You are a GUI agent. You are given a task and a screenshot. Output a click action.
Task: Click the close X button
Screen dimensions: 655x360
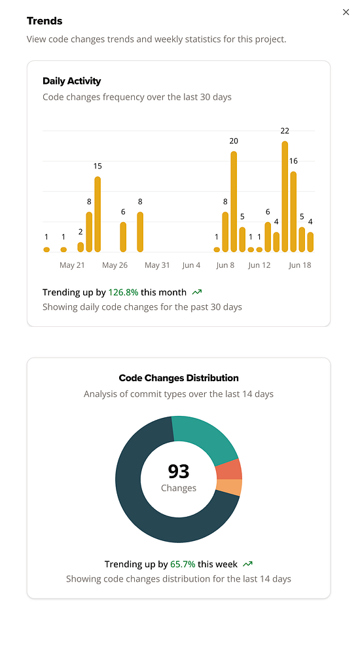(x=346, y=12)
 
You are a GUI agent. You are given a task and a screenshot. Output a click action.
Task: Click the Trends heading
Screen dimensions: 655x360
(x=45, y=21)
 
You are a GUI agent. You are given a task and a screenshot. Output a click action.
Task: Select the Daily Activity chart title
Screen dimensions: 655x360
(x=71, y=81)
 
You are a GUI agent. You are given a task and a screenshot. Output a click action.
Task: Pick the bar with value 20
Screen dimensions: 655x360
(x=234, y=202)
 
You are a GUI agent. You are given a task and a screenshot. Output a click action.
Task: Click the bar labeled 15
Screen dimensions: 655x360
(x=98, y=214)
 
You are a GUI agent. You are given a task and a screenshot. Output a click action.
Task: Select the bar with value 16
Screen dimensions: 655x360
(x=293, y=212)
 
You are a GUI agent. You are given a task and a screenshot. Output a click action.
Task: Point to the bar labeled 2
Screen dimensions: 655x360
(x=81, y=247)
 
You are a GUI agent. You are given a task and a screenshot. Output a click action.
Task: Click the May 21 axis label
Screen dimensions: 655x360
(x=72, y=265)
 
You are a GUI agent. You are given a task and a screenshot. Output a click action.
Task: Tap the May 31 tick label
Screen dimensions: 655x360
(x=157, y=265)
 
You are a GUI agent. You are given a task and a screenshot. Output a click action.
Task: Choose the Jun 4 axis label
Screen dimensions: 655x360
(x=192, y=265)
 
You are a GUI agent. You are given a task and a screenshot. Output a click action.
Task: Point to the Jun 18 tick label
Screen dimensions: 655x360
(x=300, y=265)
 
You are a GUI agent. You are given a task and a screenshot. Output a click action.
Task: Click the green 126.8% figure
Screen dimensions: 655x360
(x=123, y=292)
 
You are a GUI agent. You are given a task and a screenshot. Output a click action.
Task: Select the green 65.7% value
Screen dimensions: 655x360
(x=183, y=564)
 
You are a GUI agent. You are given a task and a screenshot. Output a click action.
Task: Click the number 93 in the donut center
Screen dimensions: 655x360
(x=179, y=471)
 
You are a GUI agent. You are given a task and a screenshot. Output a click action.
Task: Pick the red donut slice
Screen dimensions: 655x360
(x=228, y=470)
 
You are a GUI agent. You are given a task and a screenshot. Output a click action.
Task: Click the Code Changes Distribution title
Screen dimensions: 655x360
(x=179, y=378)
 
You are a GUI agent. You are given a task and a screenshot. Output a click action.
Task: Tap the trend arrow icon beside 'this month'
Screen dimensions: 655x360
(x=197, y=292)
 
